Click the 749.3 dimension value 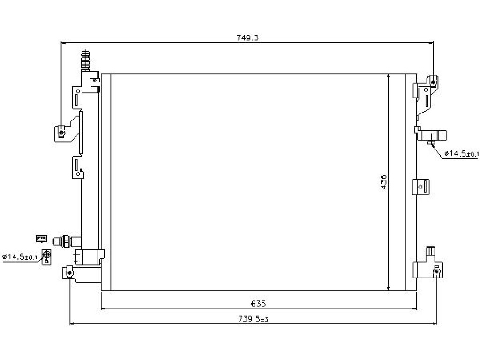pos(247,37)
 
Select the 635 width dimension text pos(258,304)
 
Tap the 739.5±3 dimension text pos(254,319)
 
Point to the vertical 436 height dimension pos(383,182)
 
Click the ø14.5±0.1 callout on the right pos(461,153)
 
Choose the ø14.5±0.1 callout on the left pos(20,257)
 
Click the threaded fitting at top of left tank pos(85,60)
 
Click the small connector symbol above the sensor pos(42,238)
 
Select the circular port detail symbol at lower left pos(46,257)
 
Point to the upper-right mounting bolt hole pos(433,82)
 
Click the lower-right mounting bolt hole pos(436,271)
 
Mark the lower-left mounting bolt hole pos(70,272)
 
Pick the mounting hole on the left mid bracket pos(62,133)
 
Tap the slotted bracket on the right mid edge pos(421,187)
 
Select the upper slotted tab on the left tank pos(77,97)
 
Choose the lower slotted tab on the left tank pos(77,167)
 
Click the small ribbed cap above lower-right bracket pos(430,252)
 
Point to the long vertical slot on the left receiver pos(81,132)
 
